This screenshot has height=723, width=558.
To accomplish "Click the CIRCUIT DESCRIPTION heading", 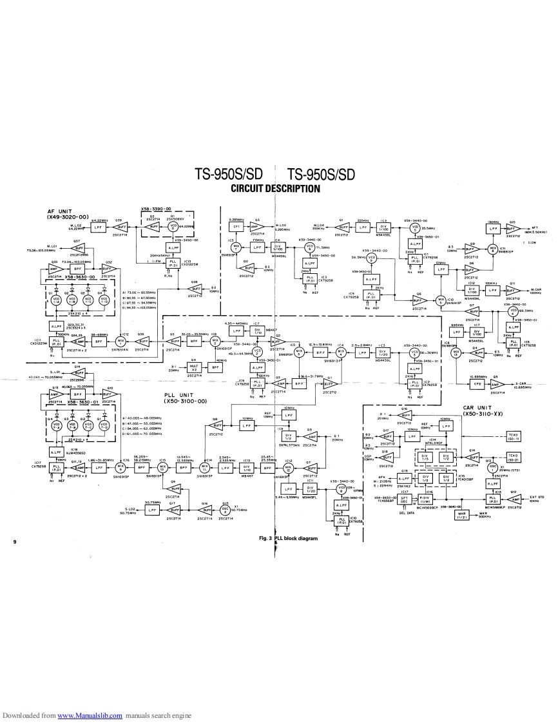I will pos(275,189).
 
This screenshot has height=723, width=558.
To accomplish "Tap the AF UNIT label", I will pos(68,213).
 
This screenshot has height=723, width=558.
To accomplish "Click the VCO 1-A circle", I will pos(55,300).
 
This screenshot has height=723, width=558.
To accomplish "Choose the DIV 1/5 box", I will pos(424,457).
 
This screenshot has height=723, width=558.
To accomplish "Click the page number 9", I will pos(14,541).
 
